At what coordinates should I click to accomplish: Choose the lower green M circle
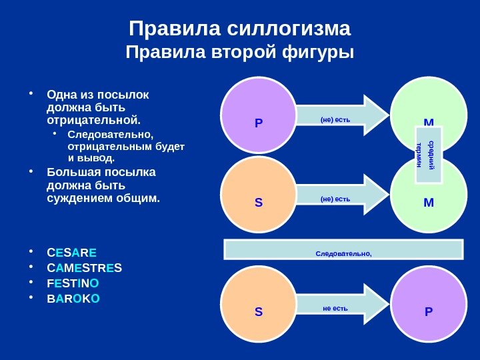click(x=429, y=197)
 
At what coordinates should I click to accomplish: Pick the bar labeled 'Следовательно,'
click(x=343, y=249)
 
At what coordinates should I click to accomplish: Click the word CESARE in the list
click(x=71, y=253)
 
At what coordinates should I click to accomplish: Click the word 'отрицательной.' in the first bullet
click(x=94, y=121)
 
